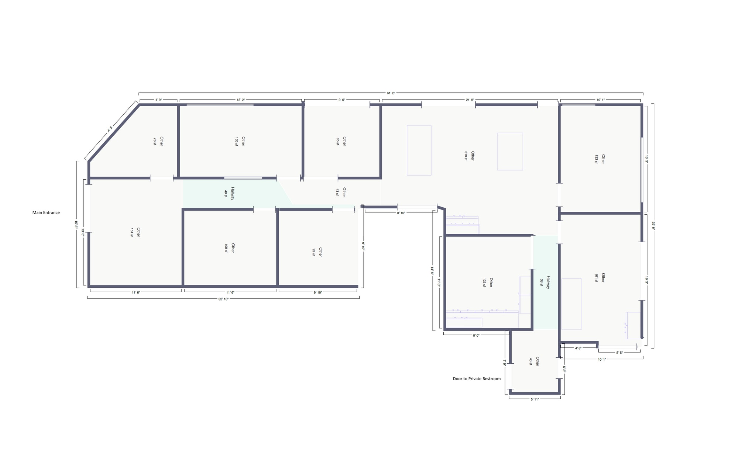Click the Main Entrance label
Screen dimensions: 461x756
(x=46, y=213)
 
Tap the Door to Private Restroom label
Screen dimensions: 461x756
(x=477, y=379)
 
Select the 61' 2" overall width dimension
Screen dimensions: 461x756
(x=391, y=93)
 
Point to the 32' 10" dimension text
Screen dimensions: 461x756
(x=223, y=299)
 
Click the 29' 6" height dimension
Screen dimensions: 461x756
(x=653, y=225)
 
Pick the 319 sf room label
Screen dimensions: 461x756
(x=469, y=156)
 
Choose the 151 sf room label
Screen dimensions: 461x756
(x=135, y=232)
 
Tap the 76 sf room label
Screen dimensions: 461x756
(x=158, y=141)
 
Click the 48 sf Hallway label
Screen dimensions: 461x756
(x=229, y=194)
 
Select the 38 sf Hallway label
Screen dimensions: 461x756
(x=545, y=283)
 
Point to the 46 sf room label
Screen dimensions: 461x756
(x=534, y=361)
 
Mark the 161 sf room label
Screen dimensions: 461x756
(x=599, y=278)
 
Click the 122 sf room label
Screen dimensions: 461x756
(x=487, y=283)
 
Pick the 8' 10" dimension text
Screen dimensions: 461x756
(x=401, y=213)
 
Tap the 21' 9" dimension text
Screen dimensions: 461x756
(x=470, y=100)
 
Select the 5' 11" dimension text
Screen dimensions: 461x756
(x=535, y=399)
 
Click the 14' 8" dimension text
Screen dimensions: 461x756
(x=432, y=270)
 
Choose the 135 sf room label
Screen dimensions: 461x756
(x=240, y=141)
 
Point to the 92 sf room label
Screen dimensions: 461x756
(x=317, y=252)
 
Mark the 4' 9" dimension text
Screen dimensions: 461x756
(x=158, y=100)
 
